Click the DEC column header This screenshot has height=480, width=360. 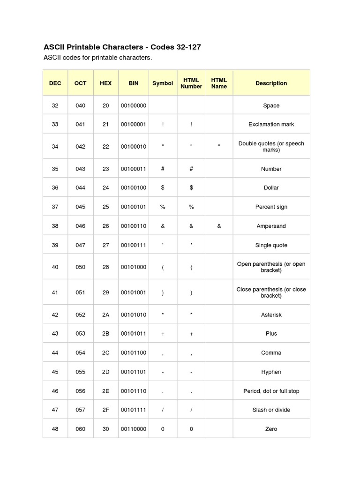pos(55,83)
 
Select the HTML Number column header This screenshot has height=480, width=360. pos(191,83)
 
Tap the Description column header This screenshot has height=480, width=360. pos(271,83)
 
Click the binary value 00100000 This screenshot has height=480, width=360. pos(134,105)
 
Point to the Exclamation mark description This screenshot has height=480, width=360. pos(271,124)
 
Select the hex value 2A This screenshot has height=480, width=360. pos(105,315)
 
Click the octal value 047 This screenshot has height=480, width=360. pos(81,245)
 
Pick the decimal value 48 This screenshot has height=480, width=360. pos(55,429)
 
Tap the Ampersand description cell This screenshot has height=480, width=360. pos(271,226)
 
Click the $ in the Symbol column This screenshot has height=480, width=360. pos(163,187)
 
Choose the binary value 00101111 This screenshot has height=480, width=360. pos(134,410)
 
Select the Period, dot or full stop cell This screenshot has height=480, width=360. pos(271,391)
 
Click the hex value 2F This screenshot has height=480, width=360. pos(105,410)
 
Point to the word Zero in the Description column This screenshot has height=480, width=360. pos(271,429)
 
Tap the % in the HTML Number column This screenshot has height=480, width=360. pos(191,207)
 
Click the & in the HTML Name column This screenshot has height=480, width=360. pos(219,226)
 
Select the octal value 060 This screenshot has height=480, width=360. pos(81,429)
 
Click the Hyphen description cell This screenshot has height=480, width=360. pos(271,372)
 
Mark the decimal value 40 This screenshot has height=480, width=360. pos(55,267)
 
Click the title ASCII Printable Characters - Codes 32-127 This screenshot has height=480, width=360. pos(122,47)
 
